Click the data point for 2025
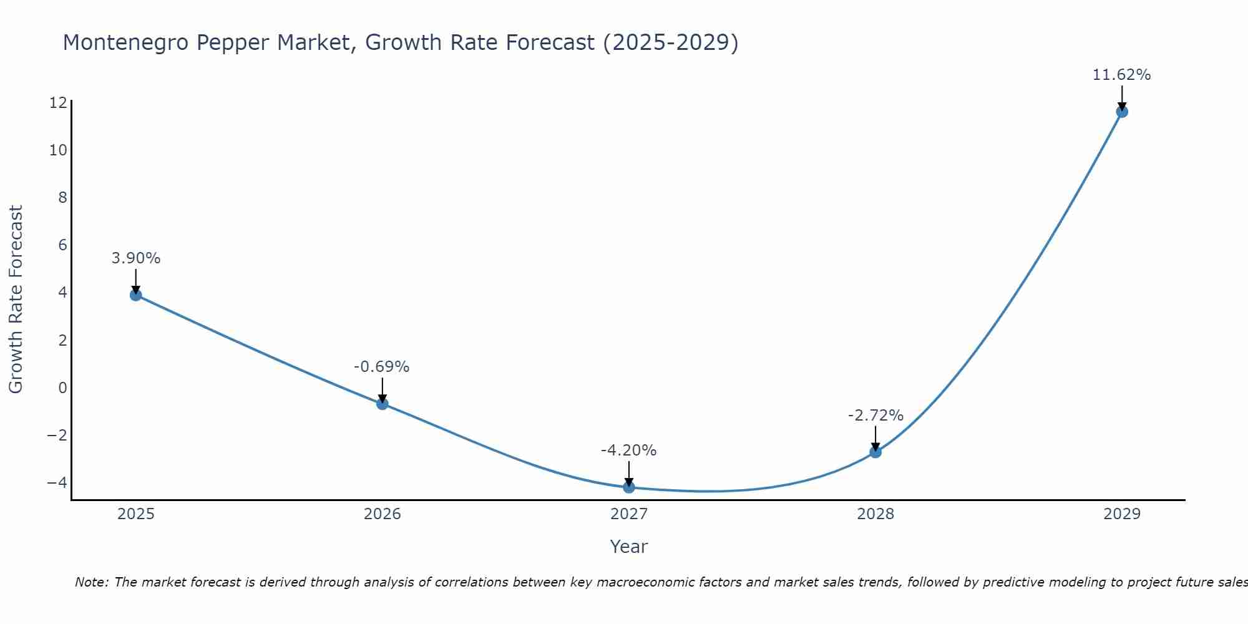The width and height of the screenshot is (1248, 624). click(x=136, y=295)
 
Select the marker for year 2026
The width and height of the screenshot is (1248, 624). click(x=383, y=404)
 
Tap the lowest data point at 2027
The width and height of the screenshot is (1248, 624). click(x=629, y=487)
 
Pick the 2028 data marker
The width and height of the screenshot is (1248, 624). click(x=875, y=452)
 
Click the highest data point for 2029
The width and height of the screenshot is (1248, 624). click(x=1122, y=112)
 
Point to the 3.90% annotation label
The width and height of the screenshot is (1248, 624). click(x=136, y=258)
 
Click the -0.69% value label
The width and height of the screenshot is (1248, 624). click(x=382, y=367)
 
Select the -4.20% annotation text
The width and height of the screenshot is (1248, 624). click(x=629, y=451)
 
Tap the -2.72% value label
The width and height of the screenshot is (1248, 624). click(x=875, y=416)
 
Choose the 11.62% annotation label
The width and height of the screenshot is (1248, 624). click(x=1122, y=76)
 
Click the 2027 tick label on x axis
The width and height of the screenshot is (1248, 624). click(x=629, y=515)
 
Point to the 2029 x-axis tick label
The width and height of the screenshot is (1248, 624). click(x=1122, y=515)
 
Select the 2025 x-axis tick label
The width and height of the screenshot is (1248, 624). click(x=136, y=515)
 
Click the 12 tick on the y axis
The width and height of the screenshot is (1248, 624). click(x=58, y=103)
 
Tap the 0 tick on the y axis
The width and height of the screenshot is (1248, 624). click(x=62, y=388)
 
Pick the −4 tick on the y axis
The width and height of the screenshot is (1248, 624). click(x=57, y=482)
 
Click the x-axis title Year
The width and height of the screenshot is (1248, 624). click(x=629, y=547)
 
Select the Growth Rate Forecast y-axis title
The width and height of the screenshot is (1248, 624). click(x=16, y=300)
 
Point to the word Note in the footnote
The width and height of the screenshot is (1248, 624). click(x=92, y=583)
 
